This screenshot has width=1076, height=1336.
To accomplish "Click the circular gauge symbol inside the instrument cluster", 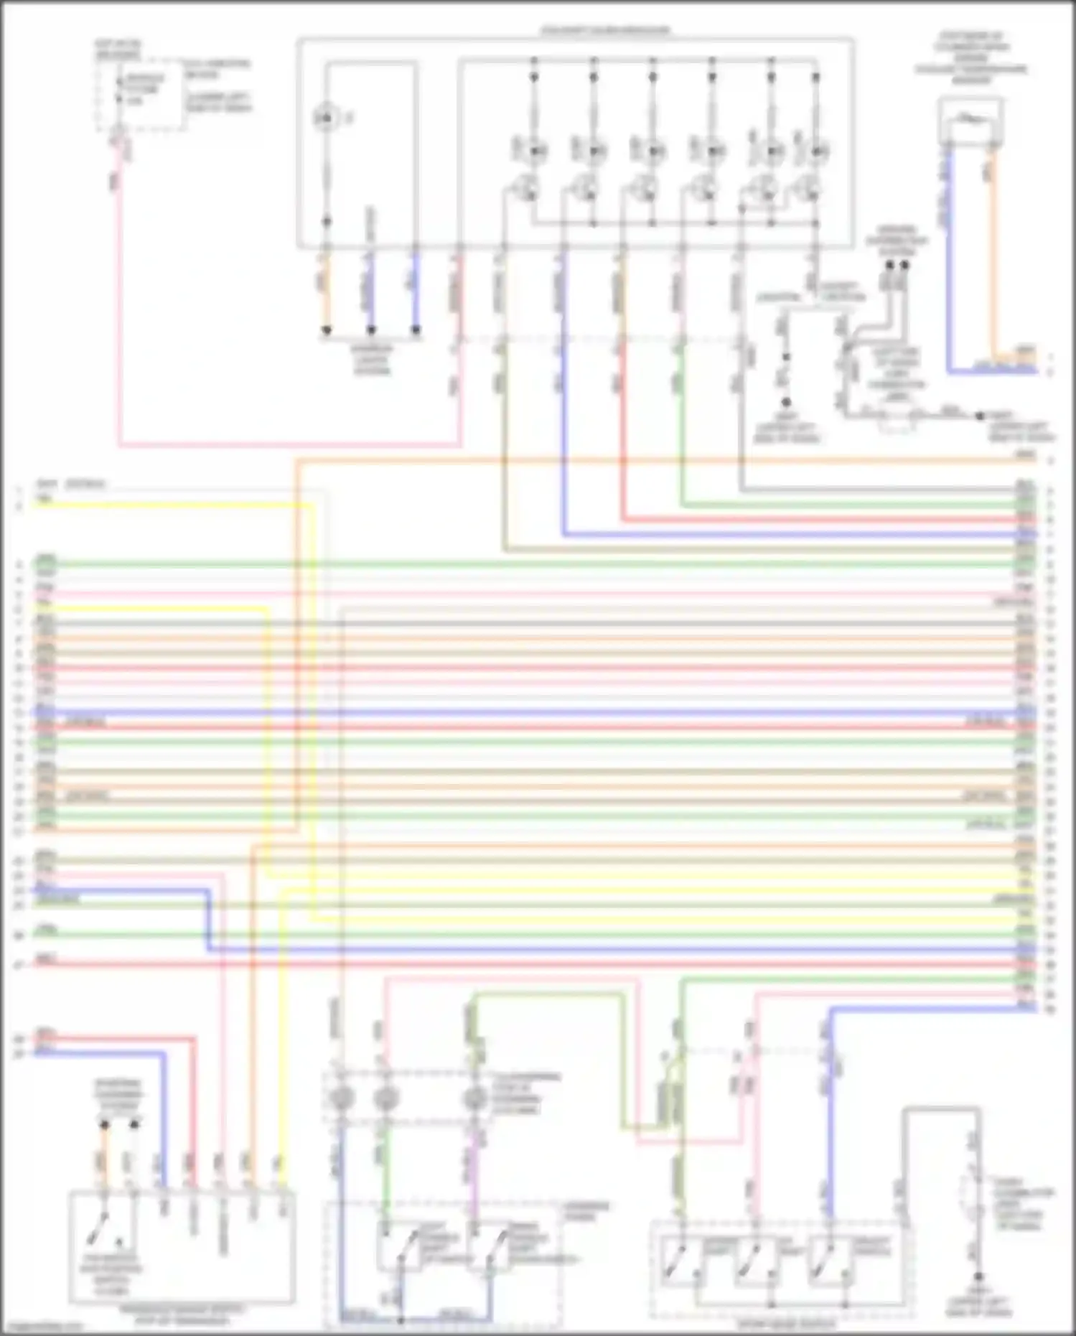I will pyautogui.click(x=327, y=117).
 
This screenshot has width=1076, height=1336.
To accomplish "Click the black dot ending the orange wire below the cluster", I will pyautogui.click(x=327, y=330).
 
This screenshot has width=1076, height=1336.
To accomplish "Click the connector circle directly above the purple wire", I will pyautogui.click(x=473, y=1098).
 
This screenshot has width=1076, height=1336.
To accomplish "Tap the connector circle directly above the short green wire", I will pyautogui.click(x=385, y=1098).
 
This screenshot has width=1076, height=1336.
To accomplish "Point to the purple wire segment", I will pyautogui.click(x=473, y=1177).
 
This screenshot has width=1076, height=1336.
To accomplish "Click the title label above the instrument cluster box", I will pyautogui.click(x=604, y=31).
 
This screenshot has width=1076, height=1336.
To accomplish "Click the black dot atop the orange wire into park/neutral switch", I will pyautogui.click(x=105, y=1124).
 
